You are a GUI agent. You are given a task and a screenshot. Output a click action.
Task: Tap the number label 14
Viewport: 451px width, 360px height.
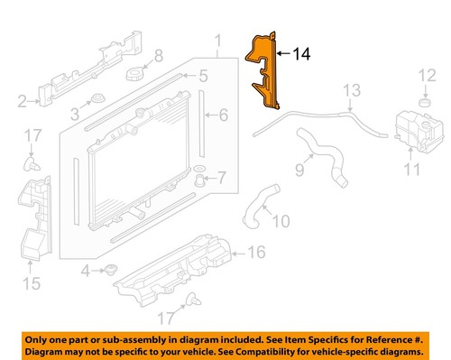coord(300,54)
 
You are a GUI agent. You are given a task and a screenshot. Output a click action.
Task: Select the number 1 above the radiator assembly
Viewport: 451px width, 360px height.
coord(216,41)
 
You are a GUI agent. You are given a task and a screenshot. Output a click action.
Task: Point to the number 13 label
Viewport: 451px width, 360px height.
coord(351,89)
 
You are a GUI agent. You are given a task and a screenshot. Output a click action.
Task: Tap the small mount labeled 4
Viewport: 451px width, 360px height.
coord(113,269)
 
